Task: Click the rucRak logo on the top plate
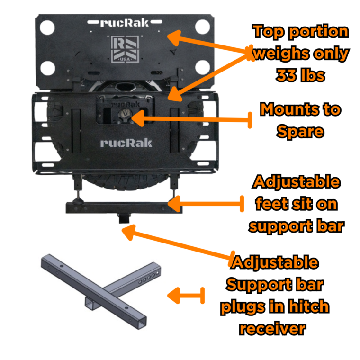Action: coord(125,23)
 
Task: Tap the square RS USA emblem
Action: coord(125,49)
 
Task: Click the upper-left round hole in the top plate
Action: coord(47,27)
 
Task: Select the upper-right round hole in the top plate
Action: coord(203,27)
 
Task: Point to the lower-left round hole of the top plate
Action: coord(48,68)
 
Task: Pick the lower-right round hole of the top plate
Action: coord(203,67)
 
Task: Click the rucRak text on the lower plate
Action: coord(126,143)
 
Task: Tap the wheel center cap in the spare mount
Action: coord(125,114)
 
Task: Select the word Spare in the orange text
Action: coord(300,132)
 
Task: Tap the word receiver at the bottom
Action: coord(272,329)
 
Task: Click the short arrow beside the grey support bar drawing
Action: coord(186,296)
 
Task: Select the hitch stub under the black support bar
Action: coord(124,218)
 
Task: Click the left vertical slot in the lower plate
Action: coord(76,131)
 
